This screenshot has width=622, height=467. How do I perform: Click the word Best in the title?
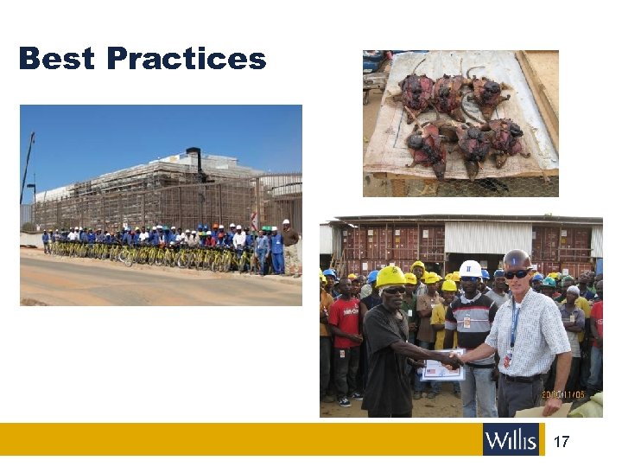click(x=56, y=59)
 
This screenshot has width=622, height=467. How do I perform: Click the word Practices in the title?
click(x=187, y=59)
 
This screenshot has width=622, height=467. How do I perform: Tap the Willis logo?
click(x=511, y=439)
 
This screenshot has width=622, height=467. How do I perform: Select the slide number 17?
click(x=561, y=442)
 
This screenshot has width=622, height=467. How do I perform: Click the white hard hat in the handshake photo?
click(x=470, y=269)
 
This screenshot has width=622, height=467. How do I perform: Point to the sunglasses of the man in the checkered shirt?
click(x=517, y=274)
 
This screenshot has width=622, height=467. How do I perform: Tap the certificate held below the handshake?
click(x=441, y=370)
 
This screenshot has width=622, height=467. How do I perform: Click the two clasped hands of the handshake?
click(x=452, y=357)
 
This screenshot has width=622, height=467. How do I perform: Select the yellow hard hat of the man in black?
click(x=391, y=277)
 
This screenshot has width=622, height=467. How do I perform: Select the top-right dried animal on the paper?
click(x=489, y=95)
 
